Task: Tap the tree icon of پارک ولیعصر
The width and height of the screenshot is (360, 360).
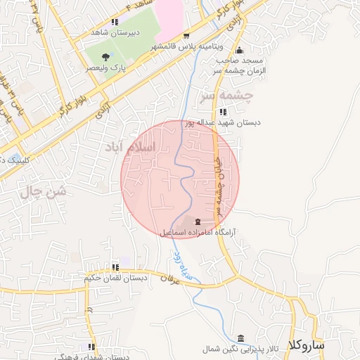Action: coord(105,57)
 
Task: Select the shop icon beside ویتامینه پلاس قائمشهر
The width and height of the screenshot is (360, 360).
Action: coord(186,36)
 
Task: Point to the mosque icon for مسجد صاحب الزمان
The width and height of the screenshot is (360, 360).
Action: coord(240,50)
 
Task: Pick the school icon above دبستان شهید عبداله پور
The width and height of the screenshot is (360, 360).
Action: coord(223,111)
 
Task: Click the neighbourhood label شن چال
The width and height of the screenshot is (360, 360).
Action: coord(44,191)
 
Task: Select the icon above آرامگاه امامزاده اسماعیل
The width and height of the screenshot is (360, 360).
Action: coord(196,221)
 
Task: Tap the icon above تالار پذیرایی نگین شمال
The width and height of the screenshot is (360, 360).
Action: coord(241,337)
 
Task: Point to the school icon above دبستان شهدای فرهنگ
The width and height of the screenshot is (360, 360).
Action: coord(91,347)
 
